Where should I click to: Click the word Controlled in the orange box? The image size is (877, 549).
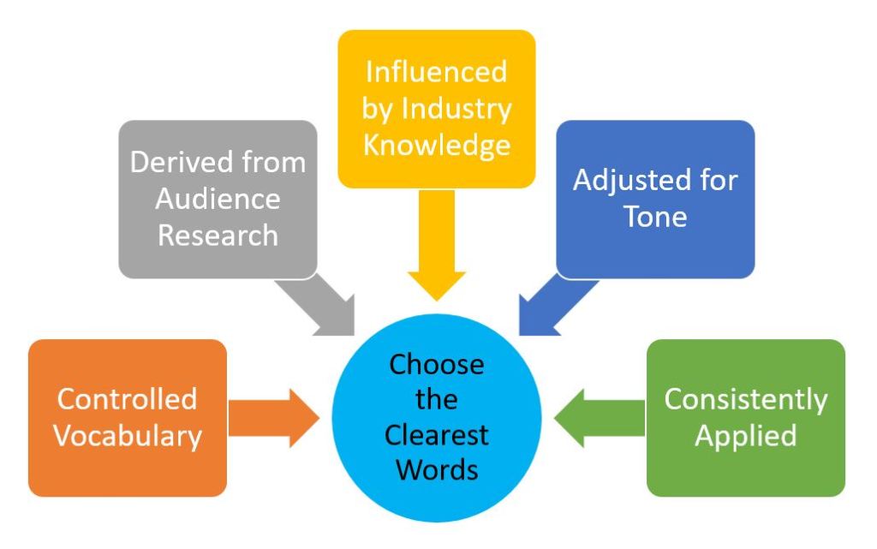pos(127,399)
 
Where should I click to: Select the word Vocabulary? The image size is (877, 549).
pos(127,435)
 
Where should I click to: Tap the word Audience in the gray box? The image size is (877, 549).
pos(218,199)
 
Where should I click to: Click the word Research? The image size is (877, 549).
pos(218,235)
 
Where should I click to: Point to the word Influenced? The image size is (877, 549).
pos(436,71)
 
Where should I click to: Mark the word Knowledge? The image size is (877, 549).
pos(436,144)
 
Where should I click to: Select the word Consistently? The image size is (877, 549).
pos(745,399)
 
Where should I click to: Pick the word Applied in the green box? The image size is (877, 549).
pos(745,435)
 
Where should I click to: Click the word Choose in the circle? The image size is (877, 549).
pos(436,365)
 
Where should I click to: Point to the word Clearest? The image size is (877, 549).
pos(436,434)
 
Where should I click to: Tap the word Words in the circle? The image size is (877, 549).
pos(436,469)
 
